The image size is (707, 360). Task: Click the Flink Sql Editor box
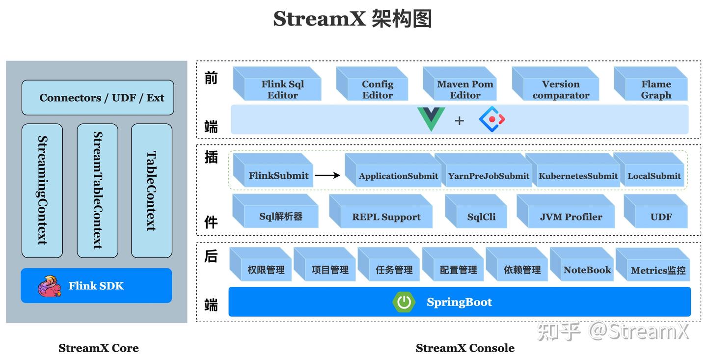282,89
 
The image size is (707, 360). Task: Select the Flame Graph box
655,89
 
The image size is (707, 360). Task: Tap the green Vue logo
431,119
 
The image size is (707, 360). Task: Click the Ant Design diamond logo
491,119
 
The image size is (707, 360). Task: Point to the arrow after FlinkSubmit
327,175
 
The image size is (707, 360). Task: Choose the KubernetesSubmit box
578,175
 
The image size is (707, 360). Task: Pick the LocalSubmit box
654,175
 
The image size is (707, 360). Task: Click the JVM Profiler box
571,217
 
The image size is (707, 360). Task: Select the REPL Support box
386,217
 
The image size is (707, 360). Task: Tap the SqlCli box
481,217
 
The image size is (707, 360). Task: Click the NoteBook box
587,270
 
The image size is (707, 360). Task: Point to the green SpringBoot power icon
404,302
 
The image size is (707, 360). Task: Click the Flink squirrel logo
50,286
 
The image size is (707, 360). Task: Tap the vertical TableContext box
151,191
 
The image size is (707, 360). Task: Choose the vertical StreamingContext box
42,191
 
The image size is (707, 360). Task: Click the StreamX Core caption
98,348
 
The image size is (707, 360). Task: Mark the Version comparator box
560,89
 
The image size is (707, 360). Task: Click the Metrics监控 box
658,270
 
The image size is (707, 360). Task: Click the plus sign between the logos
459,120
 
